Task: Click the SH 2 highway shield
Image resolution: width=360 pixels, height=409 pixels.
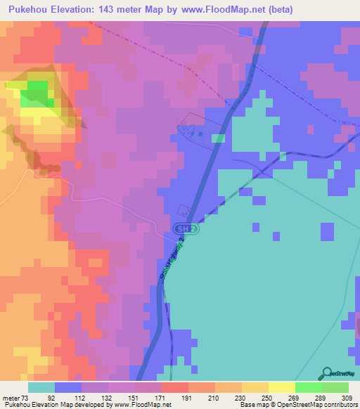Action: click(x=182, y=229)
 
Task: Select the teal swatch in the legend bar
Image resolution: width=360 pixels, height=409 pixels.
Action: click(x=41, y=387)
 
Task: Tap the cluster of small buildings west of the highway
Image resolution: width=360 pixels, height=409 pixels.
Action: click(x=195, y=131)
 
